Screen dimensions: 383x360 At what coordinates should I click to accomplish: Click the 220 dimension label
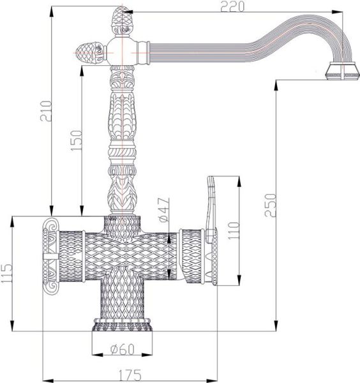232,6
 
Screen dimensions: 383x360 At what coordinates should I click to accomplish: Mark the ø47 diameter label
163,209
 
